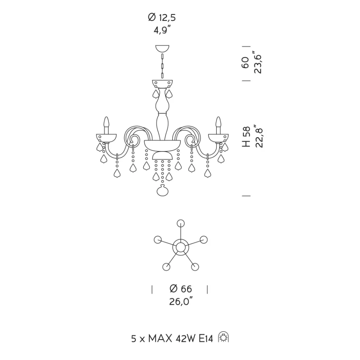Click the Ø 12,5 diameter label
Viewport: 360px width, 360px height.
(x=162, y=17)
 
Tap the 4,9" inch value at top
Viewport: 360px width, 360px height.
(x=162, y=30)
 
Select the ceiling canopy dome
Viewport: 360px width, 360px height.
(x=162, y=49)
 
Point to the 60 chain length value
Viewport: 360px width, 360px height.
(x=245, y=63)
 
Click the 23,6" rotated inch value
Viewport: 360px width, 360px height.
(x=258, y=62)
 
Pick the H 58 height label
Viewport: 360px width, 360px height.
(x=246, y=136)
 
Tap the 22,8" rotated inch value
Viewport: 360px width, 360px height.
(x=258, y=136)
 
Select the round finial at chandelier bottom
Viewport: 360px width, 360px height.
(x=162, y=190)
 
